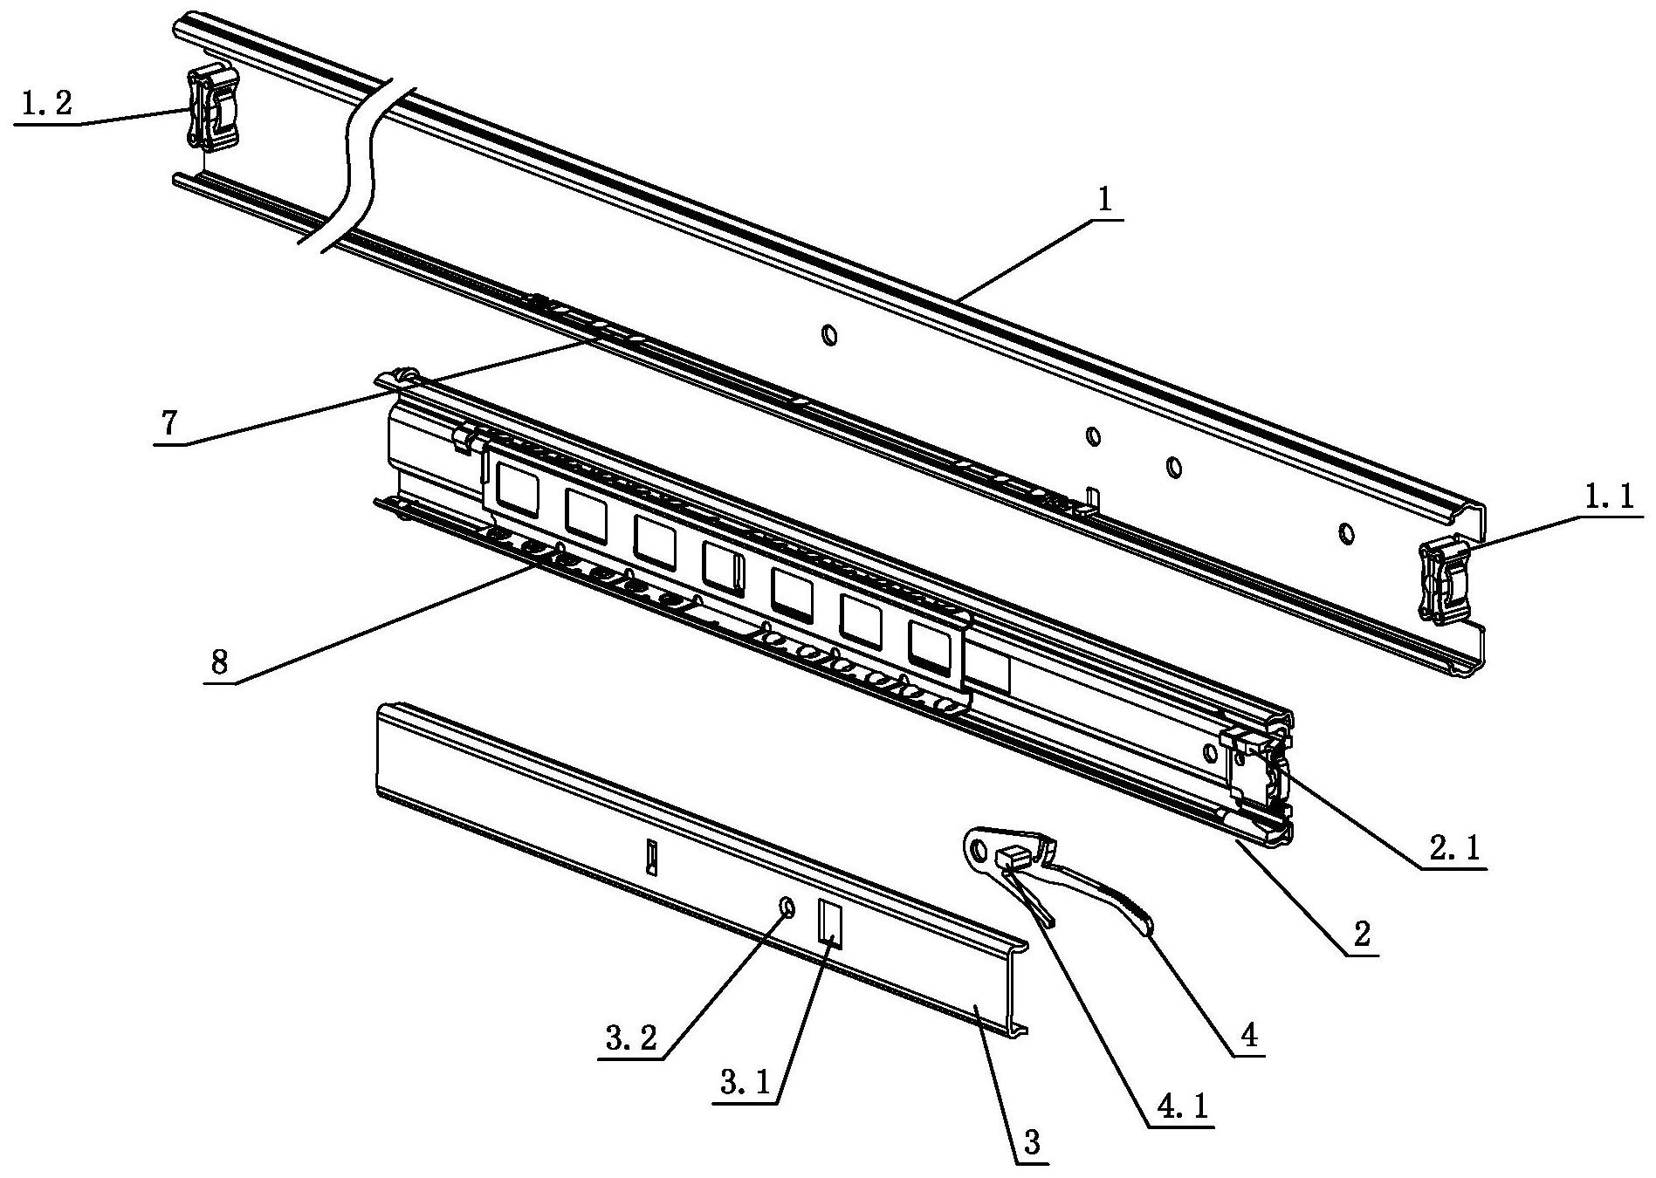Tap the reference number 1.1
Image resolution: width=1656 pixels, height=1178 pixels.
pos(1610,522)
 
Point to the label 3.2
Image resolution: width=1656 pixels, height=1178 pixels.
pos(631,1038)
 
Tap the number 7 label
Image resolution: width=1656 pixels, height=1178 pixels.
pos(168,423)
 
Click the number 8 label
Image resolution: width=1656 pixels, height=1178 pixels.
pos(219,662)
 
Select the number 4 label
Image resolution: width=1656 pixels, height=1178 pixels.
pos(1247,1036)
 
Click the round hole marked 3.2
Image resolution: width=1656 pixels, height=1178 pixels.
pos(787,908)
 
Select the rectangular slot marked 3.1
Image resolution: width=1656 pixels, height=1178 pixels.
pos(828,921)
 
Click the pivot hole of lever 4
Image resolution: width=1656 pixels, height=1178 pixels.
pos(978,847)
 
